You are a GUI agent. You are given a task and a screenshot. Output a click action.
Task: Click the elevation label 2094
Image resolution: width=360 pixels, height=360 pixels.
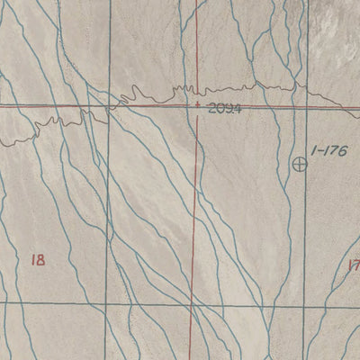point(224,108)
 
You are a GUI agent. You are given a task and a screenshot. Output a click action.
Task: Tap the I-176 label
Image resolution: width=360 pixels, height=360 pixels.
point(328,149)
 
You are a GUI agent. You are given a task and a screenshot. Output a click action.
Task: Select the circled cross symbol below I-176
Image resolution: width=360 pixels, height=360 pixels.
point(301,165)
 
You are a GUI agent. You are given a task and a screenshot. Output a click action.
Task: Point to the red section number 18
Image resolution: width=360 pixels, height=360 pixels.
point(37,261)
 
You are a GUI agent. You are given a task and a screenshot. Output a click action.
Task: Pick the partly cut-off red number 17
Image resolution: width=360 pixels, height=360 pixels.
point(353,265)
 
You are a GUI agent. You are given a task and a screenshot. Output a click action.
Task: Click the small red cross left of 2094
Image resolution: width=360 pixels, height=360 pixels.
point(197,105)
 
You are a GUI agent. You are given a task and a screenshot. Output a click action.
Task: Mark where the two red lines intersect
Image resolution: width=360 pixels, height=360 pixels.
point(198,106)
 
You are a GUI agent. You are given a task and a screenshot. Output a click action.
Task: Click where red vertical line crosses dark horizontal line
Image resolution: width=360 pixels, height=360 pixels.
point(193,305)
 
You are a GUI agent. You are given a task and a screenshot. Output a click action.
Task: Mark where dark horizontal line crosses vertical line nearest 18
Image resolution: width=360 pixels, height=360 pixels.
point(107,305)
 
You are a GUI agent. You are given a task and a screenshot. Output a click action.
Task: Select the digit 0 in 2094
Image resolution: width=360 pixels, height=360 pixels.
point(220,108)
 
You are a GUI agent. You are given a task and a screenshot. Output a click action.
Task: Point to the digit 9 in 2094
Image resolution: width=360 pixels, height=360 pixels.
point(229,108)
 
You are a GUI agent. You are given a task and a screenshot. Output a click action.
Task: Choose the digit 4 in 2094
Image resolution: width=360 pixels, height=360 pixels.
point(238,108)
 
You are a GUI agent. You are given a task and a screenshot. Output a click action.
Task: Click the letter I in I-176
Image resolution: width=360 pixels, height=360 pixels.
point(310,149)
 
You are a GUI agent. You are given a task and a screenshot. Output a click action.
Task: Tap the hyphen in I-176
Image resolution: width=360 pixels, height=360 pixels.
point(318,150)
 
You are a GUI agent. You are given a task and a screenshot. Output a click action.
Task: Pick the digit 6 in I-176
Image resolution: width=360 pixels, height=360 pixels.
point(342,149)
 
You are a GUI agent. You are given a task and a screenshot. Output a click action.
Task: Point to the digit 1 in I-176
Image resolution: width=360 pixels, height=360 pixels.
point(325,149)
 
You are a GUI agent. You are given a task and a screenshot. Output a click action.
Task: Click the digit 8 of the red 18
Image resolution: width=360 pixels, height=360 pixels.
point(40,261)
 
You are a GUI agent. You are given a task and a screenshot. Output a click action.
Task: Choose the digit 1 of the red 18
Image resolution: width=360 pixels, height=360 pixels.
point(32,261)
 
